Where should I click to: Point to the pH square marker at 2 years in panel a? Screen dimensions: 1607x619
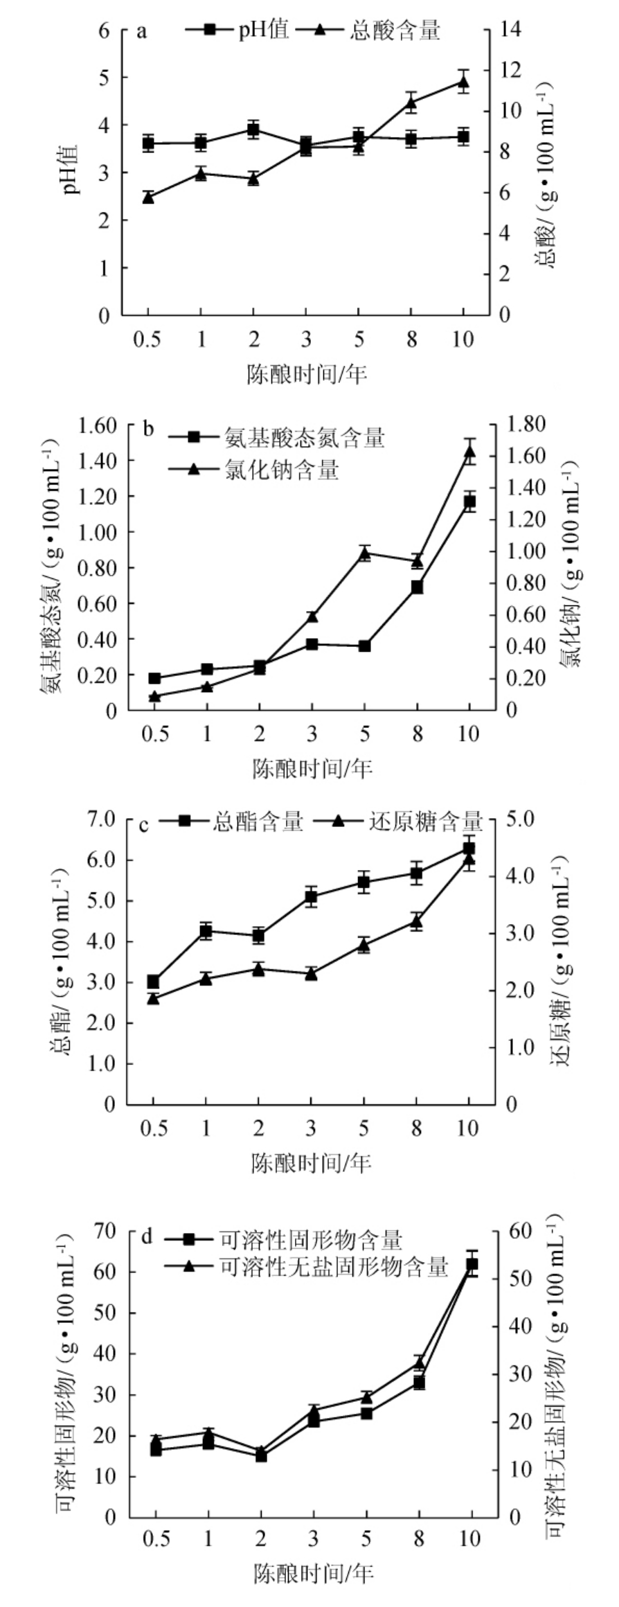[x=253, y=130]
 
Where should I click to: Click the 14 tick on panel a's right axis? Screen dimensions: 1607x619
[x=511, y=30]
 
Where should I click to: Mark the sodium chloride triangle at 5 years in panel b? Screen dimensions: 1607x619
[x=365, y=553]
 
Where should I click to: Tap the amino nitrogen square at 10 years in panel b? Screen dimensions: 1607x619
[x=470, y=502]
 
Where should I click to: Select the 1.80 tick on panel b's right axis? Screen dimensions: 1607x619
[x=528, y=424]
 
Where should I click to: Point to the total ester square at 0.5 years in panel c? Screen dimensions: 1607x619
[x=154, y=982]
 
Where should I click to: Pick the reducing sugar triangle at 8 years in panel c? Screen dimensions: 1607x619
[x=416, y=921]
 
